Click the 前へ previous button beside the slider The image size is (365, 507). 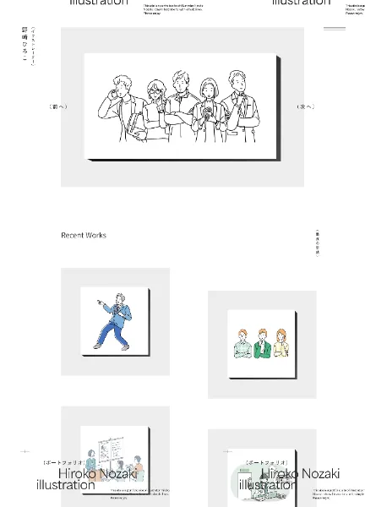click(58, 107)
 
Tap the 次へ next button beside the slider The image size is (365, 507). click(305, 107)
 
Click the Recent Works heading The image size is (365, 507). click(84, 236)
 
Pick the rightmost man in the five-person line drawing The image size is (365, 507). click(241, 106)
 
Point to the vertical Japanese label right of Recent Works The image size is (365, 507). click(317, 243)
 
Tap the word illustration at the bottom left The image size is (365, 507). click(66, 486)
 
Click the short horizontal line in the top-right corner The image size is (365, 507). click(335, 29)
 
